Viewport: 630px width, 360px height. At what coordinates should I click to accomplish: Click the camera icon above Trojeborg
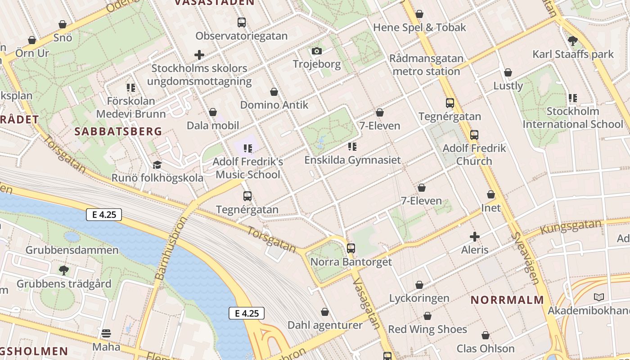(317, 51)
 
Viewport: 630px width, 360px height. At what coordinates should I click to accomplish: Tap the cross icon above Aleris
(474, 236)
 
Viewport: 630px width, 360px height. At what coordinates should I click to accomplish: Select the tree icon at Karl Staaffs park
(573, 41)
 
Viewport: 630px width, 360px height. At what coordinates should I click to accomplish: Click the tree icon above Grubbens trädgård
(64, 270)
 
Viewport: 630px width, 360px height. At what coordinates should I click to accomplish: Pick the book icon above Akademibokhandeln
(598, 297)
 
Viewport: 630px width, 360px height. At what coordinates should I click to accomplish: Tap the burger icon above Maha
(106, 333)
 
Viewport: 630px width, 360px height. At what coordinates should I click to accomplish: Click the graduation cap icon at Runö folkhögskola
(157, 165)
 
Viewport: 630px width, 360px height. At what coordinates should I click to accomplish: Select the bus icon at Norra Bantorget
(351, 248)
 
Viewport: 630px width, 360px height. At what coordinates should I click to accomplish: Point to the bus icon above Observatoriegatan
(242, 22)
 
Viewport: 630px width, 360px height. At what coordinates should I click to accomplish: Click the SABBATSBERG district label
(118, 131)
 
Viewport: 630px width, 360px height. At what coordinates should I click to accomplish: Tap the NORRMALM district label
(507, 300)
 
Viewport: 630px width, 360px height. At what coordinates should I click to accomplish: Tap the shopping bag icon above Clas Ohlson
(485, 335)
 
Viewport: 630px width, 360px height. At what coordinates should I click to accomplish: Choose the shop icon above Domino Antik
(274, 92)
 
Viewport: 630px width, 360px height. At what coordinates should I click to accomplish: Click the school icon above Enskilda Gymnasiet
(352, 147)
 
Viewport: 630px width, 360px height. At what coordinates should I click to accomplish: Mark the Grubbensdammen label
(72, 250)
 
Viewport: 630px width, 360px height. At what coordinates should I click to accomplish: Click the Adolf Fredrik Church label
(474, 154)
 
